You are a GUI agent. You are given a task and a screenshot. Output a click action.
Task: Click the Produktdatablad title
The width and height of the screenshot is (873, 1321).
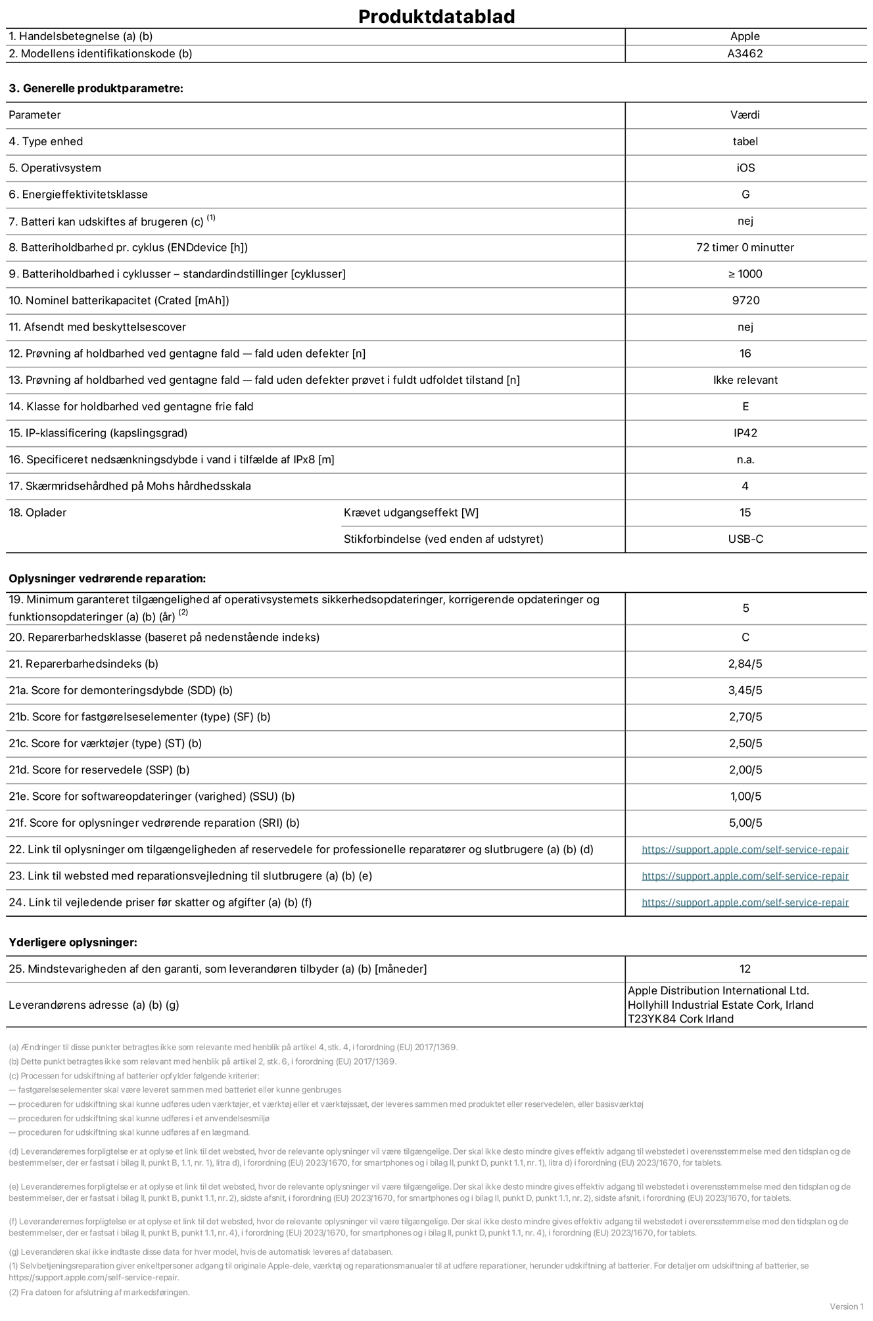(436, 16)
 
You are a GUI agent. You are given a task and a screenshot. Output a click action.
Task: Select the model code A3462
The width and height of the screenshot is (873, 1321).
(745, 54)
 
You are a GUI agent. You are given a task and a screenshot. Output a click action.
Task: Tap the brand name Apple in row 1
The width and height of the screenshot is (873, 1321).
(745, 37)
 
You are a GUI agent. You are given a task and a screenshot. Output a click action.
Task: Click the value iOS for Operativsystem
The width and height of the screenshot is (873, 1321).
(745, 168)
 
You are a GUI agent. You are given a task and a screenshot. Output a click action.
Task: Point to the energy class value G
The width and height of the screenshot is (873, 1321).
(745, 195)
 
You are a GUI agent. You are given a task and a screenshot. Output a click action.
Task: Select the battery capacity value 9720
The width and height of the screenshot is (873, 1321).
(745, 300)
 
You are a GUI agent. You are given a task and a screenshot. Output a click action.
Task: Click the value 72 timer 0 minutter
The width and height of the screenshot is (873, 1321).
(745, 248)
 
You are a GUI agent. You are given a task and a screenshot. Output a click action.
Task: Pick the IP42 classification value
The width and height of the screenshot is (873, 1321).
(745, 433)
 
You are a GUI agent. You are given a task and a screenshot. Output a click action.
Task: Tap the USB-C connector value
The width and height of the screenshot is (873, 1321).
(745, 539)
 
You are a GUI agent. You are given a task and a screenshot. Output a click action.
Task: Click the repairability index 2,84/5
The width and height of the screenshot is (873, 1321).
(745, 664)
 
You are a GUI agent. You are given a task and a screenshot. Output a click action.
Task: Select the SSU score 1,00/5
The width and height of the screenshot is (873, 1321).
(745, 797)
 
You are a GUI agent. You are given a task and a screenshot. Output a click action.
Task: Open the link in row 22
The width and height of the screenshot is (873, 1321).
(745, 850)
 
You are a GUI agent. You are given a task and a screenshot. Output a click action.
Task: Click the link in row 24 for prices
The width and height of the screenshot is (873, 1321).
(745, 903)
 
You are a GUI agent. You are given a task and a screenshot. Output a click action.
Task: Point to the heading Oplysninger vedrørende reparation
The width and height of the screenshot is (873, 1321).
(107, 579)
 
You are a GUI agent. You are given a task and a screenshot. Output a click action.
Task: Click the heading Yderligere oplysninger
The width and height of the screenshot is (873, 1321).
(73, 942)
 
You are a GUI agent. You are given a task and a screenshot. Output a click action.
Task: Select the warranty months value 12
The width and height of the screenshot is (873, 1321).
(745, 969)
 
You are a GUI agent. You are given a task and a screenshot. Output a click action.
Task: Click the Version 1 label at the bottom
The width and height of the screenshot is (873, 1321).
(847, 1307)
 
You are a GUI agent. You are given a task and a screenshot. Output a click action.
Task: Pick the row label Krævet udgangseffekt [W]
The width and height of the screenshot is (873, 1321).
(411, 513)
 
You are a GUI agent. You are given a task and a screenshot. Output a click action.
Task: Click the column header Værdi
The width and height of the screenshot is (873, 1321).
(745, 115)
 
